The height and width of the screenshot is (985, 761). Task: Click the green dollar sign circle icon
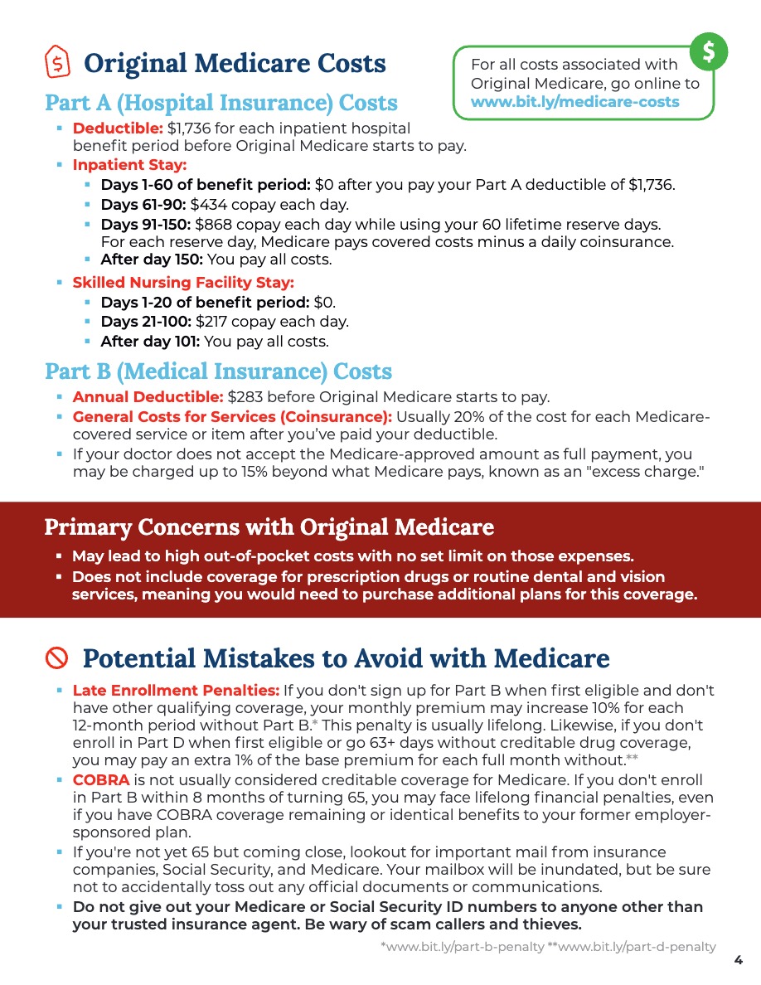(x=709, y=52)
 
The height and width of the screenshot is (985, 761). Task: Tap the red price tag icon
(x=56, y=62)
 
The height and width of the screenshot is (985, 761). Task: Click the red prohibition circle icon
(x=56, y=658)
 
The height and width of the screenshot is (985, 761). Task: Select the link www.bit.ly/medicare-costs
(x=574, y=102)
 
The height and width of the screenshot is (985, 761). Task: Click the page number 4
(x=738, y=960)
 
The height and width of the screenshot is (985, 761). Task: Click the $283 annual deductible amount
(x=245, y=397)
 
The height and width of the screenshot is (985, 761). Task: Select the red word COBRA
(x=101, y=780)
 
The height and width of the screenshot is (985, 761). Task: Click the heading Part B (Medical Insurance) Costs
(x=218, y=371)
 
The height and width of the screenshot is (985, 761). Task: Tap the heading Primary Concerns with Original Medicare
(x=269, y=527)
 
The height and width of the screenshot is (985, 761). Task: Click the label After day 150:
(x=150, y=260)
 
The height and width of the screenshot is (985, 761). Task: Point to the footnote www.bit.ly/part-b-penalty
(x=462, y=947)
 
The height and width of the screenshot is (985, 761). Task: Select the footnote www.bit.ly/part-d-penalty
(x=637, y=947)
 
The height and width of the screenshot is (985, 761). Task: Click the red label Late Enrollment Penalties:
(x=176, y=690)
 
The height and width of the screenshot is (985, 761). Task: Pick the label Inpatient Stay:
(x=129, y=164)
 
